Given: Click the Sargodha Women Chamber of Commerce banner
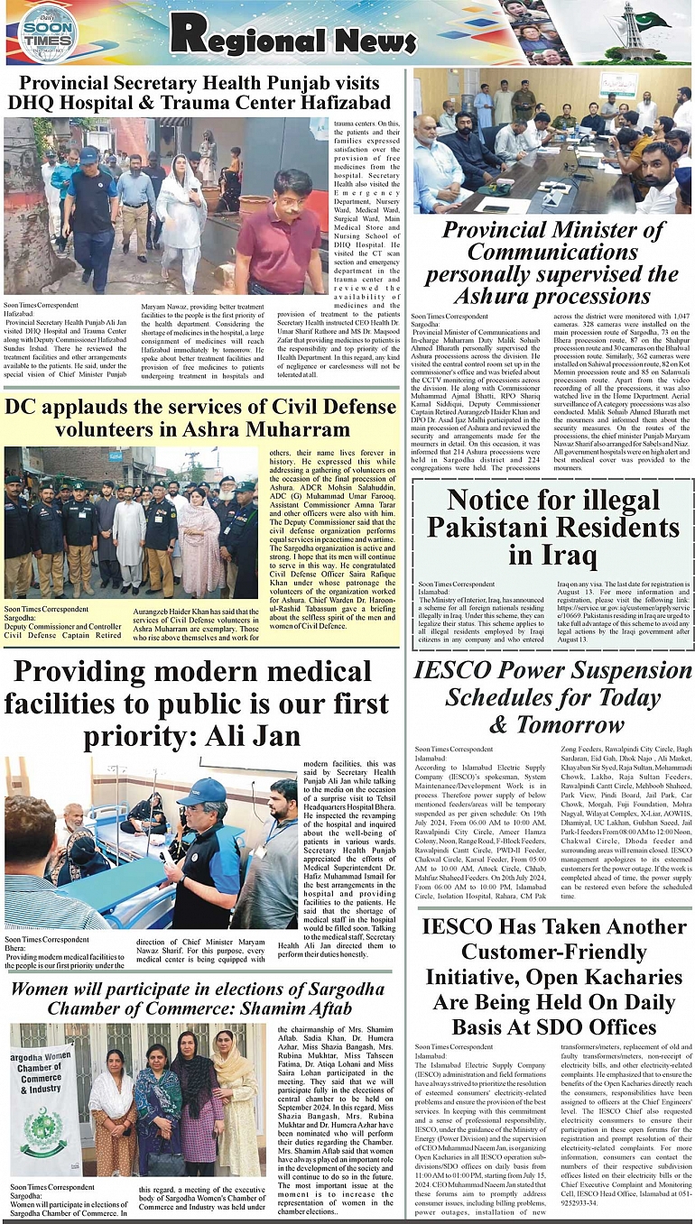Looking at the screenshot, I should point(42,1109).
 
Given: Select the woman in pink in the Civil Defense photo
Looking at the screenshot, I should point(199,544).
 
